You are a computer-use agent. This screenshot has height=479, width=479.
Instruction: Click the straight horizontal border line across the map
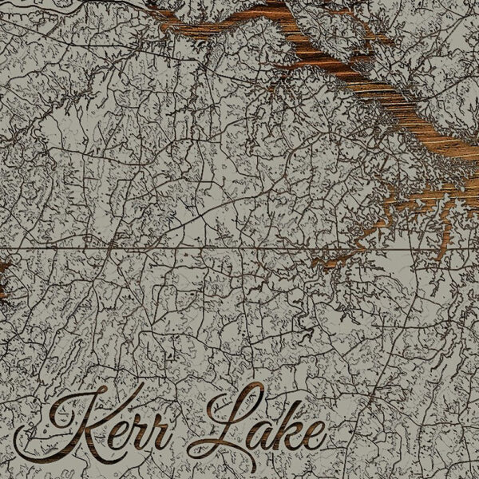[160, 250]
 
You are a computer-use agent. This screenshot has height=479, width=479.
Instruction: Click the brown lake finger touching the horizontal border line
[335, 255]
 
